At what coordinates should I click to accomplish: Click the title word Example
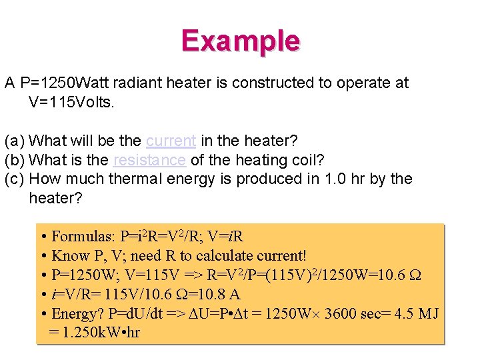[240, 41]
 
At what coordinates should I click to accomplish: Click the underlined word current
[171, 141]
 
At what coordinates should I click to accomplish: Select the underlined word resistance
[149, 160]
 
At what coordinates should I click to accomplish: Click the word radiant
[136, 83]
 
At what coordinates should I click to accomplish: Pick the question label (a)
[15, 141]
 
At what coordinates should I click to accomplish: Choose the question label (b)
[15, 160]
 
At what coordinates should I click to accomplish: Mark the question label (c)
[15, 179]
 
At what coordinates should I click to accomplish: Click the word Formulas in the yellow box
[83, 237]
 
